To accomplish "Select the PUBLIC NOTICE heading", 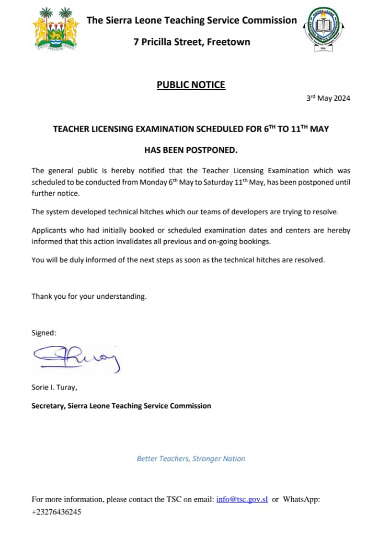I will [191, 85].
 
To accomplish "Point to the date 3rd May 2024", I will [328, 99].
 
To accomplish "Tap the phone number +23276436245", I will [56, 512].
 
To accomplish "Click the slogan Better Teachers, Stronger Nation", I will [191, 458].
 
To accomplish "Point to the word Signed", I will [44, 333].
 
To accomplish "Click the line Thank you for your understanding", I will [89, 296].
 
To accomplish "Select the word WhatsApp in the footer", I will [301, 499].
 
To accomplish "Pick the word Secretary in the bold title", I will [48, 406].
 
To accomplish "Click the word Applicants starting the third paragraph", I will [49, 230].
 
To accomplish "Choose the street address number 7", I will [136, 42].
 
